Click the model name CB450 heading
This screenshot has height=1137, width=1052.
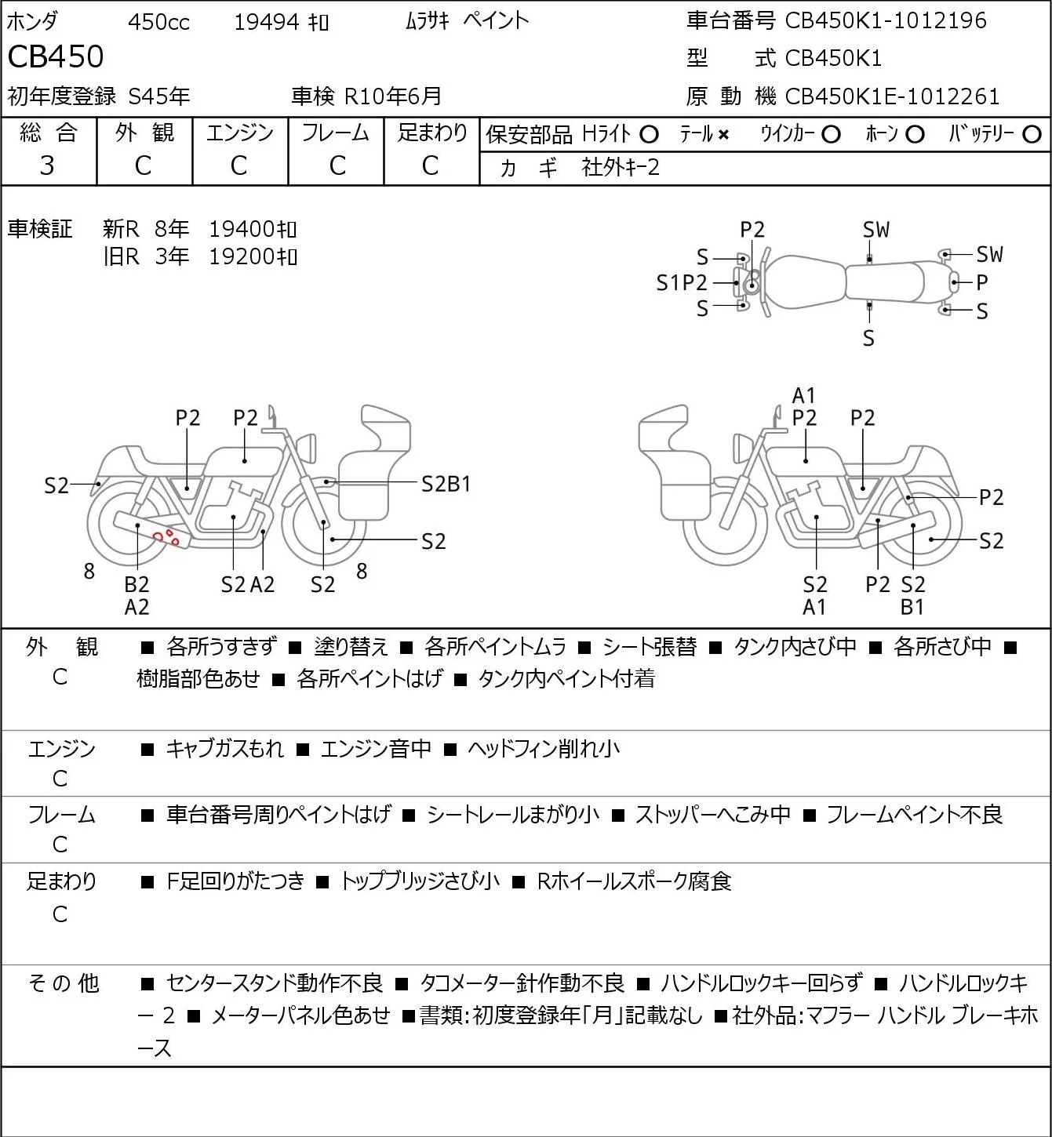56,56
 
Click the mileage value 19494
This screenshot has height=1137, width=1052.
267,22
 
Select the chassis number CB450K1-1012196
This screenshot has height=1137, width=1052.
885,20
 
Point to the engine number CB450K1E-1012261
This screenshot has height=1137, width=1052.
892,96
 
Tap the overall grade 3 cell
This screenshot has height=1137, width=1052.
48,165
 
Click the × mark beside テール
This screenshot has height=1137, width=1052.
723,135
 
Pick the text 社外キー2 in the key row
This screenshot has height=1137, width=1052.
621,168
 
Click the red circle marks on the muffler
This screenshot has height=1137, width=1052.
167,537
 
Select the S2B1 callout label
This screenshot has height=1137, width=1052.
446,485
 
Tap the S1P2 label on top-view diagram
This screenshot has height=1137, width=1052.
681,283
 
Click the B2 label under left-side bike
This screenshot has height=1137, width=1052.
137,584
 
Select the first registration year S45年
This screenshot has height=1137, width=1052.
158,96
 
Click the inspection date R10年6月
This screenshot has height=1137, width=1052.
392,96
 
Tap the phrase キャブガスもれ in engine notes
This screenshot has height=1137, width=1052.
224,749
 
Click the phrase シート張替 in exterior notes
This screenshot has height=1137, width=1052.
650,647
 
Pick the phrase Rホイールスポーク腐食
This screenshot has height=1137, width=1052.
635,881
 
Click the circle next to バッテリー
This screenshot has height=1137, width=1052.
1032,135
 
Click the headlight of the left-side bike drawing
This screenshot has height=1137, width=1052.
307,449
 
